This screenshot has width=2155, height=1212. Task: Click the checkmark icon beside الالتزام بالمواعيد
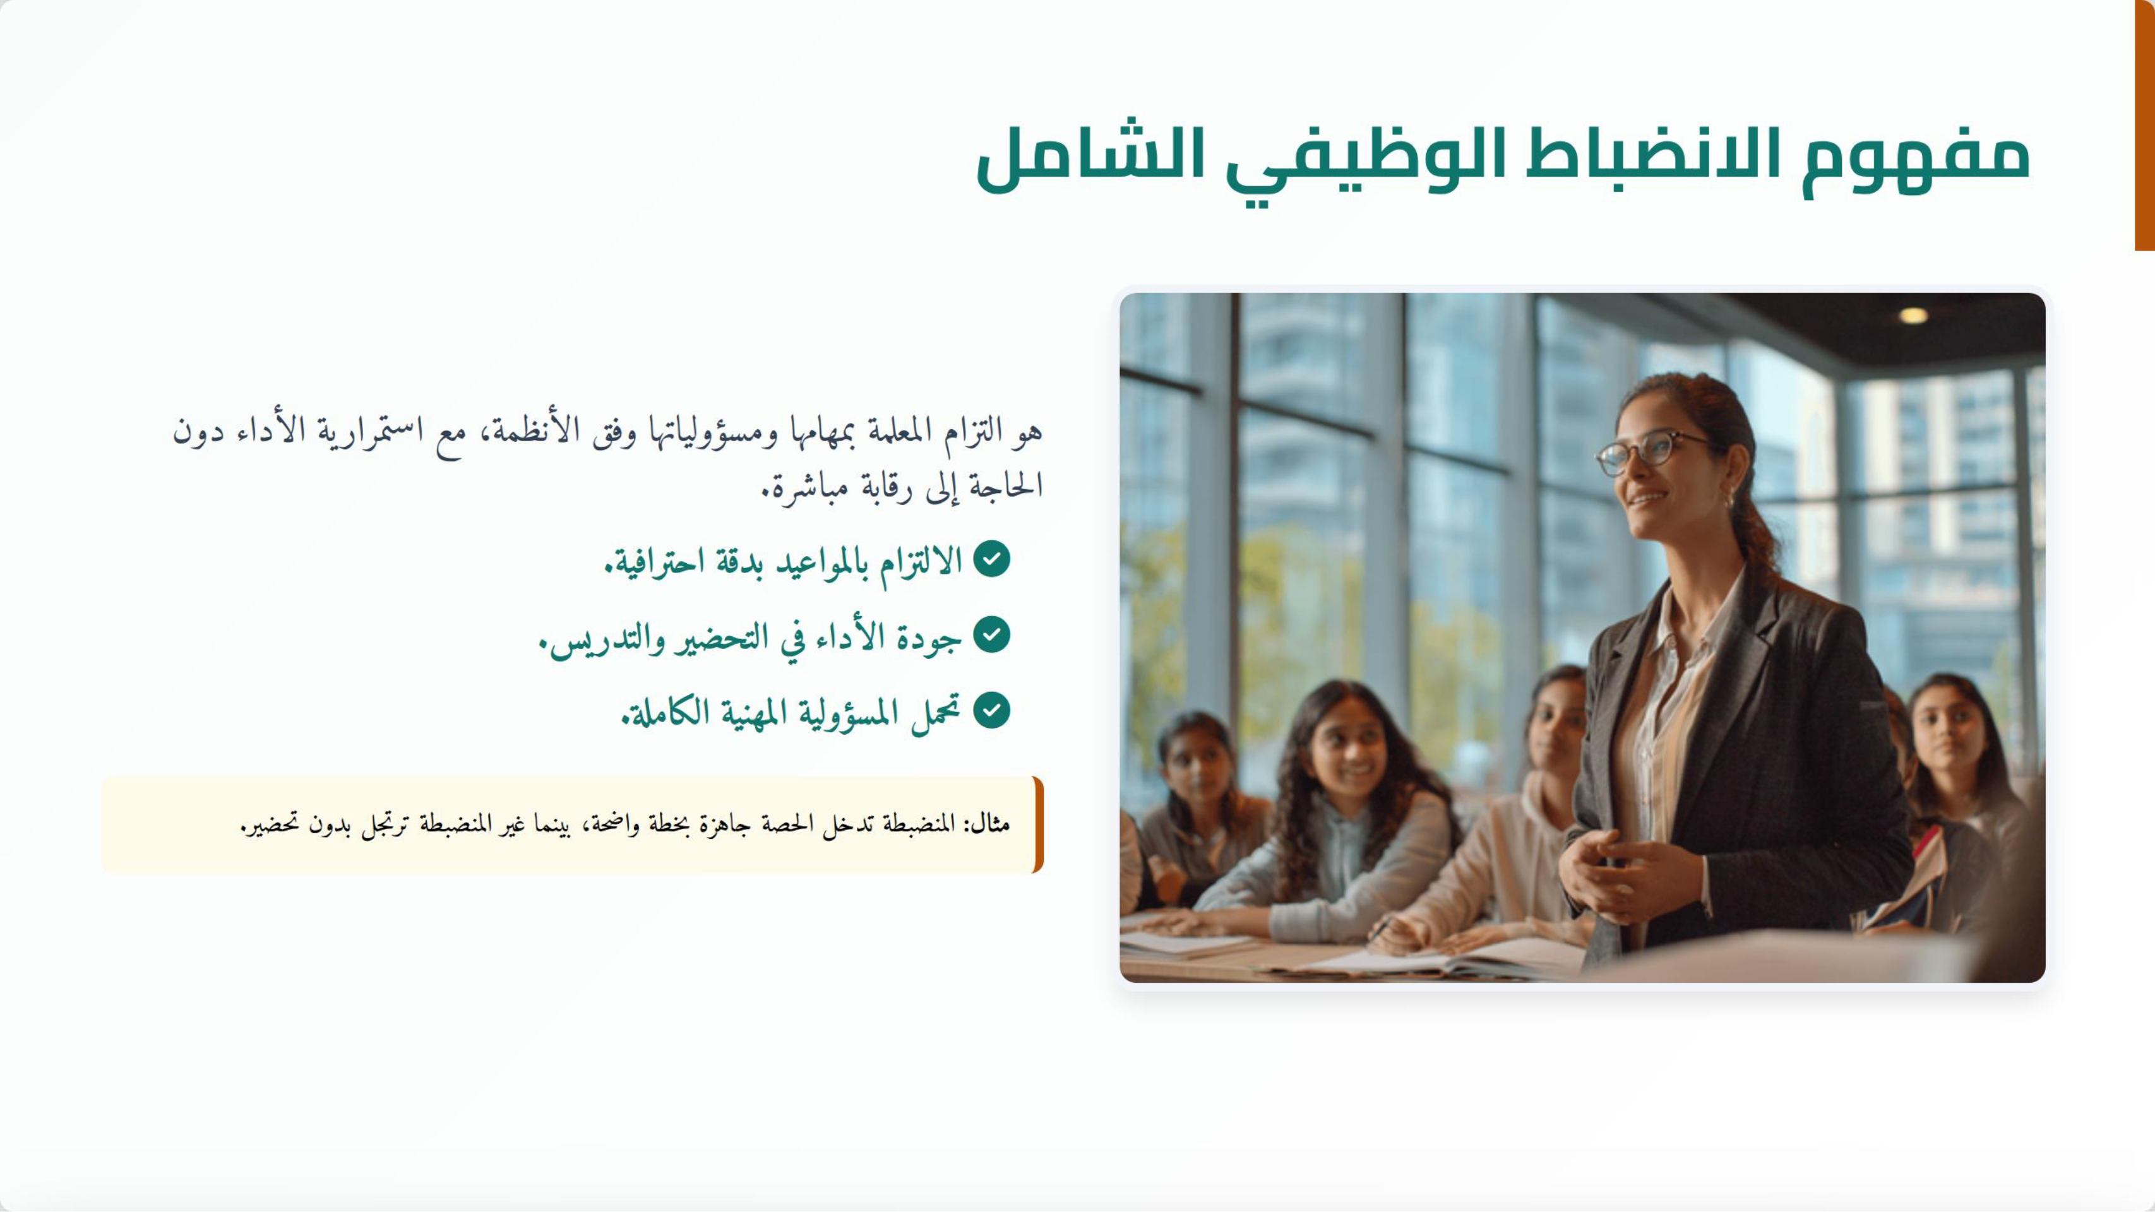click(992, 559)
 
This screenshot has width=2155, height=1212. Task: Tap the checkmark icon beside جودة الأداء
click(992, 635)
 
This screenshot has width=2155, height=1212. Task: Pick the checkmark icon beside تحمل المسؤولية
click(992, 710)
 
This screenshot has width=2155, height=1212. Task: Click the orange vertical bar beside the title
click(2144, 126)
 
